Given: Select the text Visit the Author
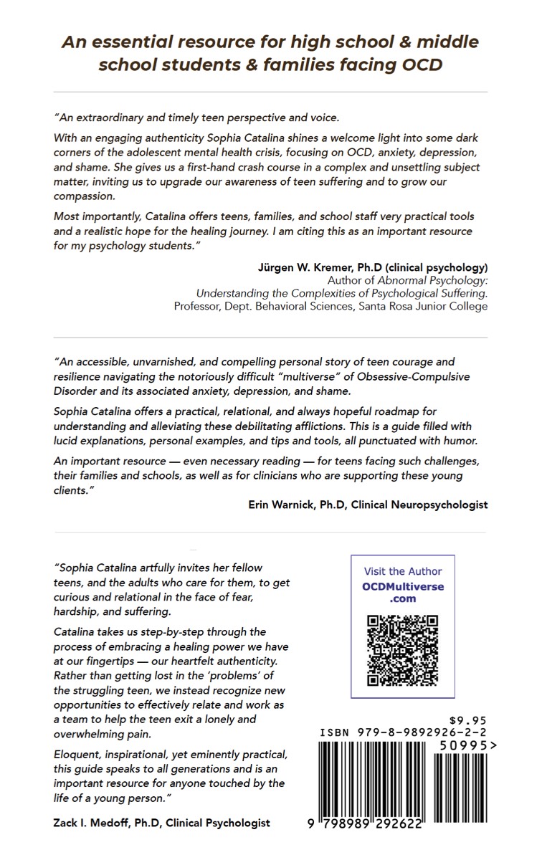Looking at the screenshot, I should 403,571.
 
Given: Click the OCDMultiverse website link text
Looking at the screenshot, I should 403,593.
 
